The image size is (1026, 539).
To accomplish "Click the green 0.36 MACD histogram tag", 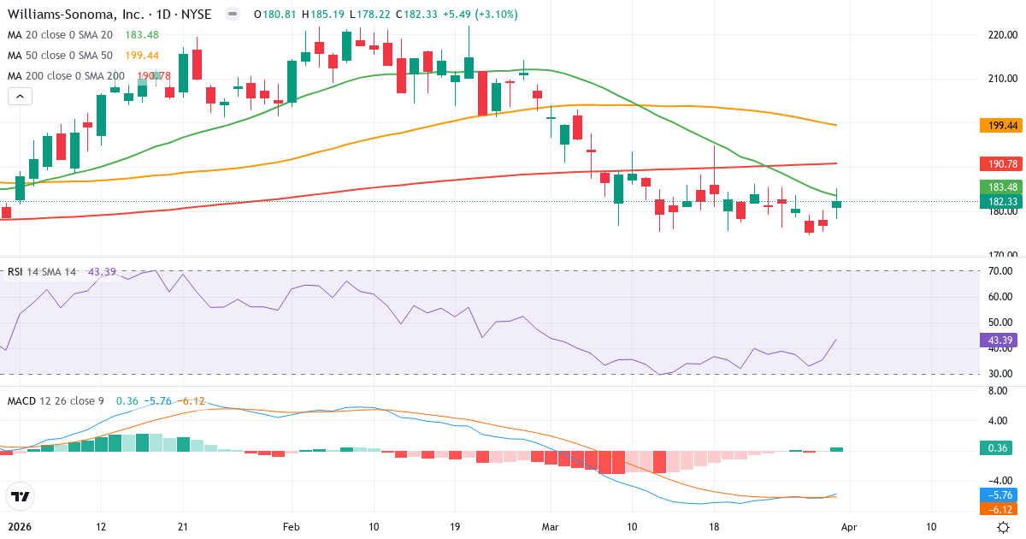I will click(x=994, y=448).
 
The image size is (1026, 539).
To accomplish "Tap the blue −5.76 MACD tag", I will click(x=996, y=495).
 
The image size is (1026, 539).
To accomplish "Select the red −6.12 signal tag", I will click(x=996, y=509).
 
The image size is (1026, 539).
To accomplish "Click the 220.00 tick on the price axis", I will click(x=1000, y=35).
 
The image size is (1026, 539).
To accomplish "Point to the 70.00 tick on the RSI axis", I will click(x=999, y=271).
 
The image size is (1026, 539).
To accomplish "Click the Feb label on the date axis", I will click(x=292, y=527).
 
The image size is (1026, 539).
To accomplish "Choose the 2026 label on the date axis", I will click(x=19, y=527).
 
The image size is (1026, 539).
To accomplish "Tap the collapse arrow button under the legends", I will click(x=20, y=96).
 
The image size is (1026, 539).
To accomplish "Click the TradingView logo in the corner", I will click(x=20, y=496).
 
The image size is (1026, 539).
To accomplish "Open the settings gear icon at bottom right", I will click(x=1003, y=527).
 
